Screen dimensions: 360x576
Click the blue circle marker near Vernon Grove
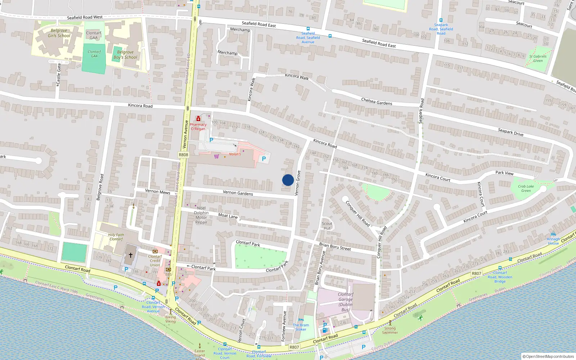[288, 180]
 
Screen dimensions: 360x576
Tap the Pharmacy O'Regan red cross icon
[198, 119]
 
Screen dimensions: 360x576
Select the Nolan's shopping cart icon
[216, 156]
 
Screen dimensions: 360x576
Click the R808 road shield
[183, 155]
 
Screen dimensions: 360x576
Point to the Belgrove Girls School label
[59, 33]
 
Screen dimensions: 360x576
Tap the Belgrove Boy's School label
[125, 55]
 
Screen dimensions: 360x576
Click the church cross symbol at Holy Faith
[130, 255]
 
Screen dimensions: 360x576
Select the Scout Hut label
[327, 226]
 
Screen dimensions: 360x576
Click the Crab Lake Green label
[526, 188]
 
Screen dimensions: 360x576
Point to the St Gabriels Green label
[538, 58]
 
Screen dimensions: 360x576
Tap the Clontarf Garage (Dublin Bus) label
[345, 302]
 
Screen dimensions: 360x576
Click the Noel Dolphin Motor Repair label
[201, 215]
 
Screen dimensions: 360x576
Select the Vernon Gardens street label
[238, 193]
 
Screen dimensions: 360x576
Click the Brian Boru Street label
[335, 246]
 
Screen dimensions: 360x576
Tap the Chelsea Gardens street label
[377, 102]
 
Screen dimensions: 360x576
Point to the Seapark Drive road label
[510, 132]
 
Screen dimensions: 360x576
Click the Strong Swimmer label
[390, 330]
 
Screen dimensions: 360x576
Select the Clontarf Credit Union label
[155, 261]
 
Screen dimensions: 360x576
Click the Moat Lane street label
[228, 216]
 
